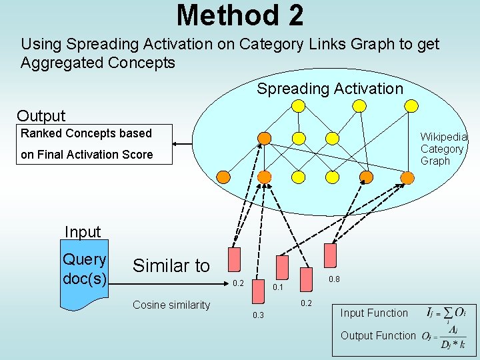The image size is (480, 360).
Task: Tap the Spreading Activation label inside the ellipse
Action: click(x=330, y=89)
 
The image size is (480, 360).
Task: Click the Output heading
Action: click(x=41, y=116)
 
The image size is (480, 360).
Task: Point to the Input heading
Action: click(x=83, y=232)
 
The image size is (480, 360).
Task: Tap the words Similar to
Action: click(x=171, y=266)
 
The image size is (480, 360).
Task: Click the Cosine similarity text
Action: click(x=171, y=305)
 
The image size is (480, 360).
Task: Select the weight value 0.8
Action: click(x=334, y=280)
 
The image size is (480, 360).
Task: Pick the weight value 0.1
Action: click(x=279, y=287)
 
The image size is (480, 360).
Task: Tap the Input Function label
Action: click(x=374, y=313)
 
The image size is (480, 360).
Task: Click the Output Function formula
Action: click(x=444, y=337)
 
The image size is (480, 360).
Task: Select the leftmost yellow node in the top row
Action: click(x=299, y=105)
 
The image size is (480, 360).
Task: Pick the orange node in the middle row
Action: click(x=265, y=138)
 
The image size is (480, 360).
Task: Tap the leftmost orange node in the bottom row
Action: click(x=224, y=177)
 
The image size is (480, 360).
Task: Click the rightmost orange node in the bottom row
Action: click(x=407, y=177)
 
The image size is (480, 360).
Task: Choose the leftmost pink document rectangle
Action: click(x=233, y=261)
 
